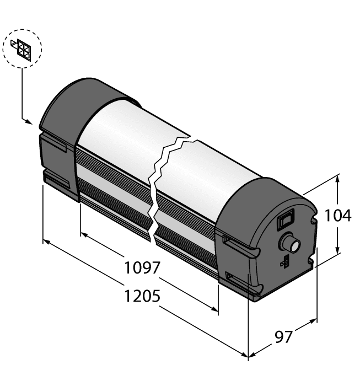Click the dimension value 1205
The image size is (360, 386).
(x=142, y=296)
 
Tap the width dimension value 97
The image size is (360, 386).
(x=283, y=335)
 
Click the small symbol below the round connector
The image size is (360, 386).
(x=285, y=261)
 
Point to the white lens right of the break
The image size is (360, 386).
(x=221, y=165)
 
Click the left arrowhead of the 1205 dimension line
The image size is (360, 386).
(x=46, y=242)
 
